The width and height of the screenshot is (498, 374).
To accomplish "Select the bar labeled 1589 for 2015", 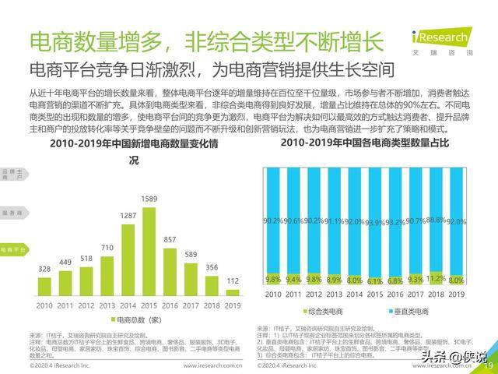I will click(149, 250).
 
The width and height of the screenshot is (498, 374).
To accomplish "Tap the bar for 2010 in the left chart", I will click(44, 284).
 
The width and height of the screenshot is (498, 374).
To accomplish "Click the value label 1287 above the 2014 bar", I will click(128, 215).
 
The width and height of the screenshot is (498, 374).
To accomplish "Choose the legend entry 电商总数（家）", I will click(139, 320).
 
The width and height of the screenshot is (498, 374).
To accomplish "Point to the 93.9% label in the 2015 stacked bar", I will click(375, 223).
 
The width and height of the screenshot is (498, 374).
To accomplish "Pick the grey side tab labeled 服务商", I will click(12, 212).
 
